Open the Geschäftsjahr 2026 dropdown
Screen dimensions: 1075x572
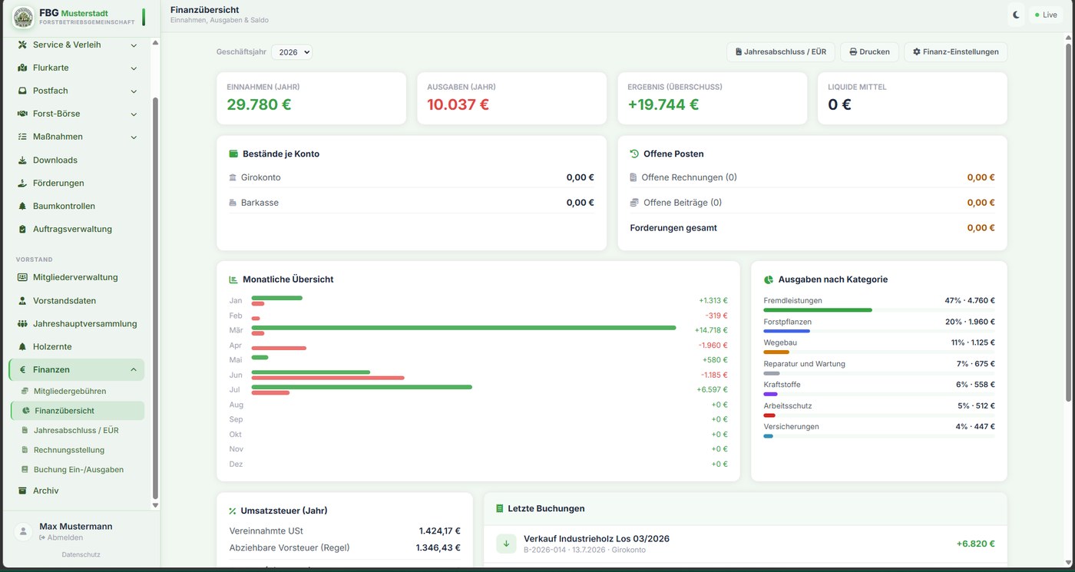click(x=291, y=52)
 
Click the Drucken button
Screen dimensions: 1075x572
click(x=869, y=52)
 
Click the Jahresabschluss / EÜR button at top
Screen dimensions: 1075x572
click(x=780, y=52)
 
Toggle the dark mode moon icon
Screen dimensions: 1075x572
click(x=1016, y=15)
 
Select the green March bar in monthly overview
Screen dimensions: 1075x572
click(x=464, y=328)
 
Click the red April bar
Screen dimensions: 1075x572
click(x=279, y=348)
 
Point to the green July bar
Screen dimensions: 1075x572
click(x=362, y=387)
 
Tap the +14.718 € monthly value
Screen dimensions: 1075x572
click(x=711, y=330)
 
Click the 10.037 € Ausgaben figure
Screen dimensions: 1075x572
click(x=458, y=104)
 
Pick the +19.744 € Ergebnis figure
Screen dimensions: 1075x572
click(x=663, y=104)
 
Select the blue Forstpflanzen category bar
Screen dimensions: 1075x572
click(x=786, y=331)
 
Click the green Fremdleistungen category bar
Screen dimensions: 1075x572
click(x=818, y=310)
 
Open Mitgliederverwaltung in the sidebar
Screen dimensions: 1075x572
click(x=75, y=277)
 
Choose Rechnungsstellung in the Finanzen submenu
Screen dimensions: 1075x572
click(x=69, y=450)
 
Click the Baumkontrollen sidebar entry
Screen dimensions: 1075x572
click(x=64, y=206)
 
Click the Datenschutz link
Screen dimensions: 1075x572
click(x=81, y=554)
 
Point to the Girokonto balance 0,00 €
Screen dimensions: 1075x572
click(x=580, y=177)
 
